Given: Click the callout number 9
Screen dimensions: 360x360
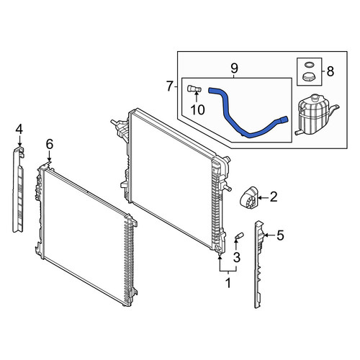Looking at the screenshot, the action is coord(234,68).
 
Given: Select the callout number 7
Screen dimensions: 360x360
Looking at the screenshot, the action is coord(170,86).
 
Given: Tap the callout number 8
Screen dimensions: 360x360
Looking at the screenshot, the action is coord(330,71).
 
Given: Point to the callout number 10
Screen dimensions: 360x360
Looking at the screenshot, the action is coord(197,109).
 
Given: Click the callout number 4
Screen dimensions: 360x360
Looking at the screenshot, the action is coord(19,129).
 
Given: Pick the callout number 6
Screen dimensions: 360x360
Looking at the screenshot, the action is coord(50,144).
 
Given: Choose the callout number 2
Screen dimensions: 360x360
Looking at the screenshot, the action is coord(274,197).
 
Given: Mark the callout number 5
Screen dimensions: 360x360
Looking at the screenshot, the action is coord(281,235).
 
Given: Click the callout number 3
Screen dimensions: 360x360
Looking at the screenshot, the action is coord(237,257).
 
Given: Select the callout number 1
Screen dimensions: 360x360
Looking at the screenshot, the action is coord(228,283).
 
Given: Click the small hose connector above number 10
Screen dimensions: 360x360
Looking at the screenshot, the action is coord(194,89).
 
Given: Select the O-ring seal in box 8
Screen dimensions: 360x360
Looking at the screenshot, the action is coord(309,65).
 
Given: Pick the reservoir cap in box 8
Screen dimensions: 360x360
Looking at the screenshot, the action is coord(309,77).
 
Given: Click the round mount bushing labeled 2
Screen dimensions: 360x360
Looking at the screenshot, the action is coord(248,197).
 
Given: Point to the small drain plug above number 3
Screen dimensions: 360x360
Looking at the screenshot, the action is coord(239,235).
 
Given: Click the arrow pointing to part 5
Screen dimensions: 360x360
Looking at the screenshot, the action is coord(269,235).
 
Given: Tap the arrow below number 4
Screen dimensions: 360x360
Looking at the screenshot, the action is coord(19,140).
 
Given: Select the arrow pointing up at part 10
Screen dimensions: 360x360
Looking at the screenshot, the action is coord(196,97).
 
